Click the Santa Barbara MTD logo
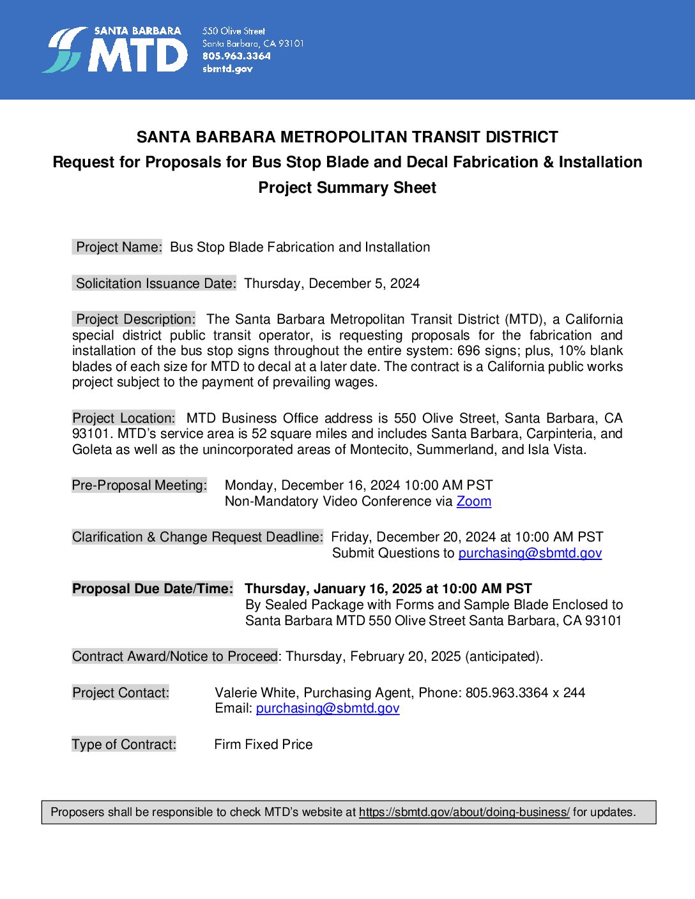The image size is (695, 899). tap(115, 50)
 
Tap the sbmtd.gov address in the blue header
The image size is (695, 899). tap(227, 69)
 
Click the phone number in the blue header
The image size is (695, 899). tap(236, 56)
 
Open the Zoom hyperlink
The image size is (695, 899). tap(473, 501)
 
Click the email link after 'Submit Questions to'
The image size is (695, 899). tap(530, 553)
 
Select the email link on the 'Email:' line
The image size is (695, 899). tap(327, 708)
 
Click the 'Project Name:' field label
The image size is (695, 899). tap(118, 247)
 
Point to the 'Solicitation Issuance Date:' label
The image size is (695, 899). tap(155, 283)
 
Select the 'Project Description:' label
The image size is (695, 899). tap(135, 319)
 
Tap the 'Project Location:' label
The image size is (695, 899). tap(123, 418)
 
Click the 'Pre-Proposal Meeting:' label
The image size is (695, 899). tap(139, 485)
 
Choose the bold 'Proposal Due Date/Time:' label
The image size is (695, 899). tap(153, 589)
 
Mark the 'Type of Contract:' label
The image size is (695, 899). tap(124, 744)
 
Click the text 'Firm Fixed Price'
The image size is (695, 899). tap(263, 744)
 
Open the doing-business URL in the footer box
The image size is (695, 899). tap(464, 812)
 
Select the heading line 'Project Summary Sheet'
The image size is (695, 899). tap(347, 188)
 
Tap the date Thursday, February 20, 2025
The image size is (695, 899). tap(373, 656)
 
